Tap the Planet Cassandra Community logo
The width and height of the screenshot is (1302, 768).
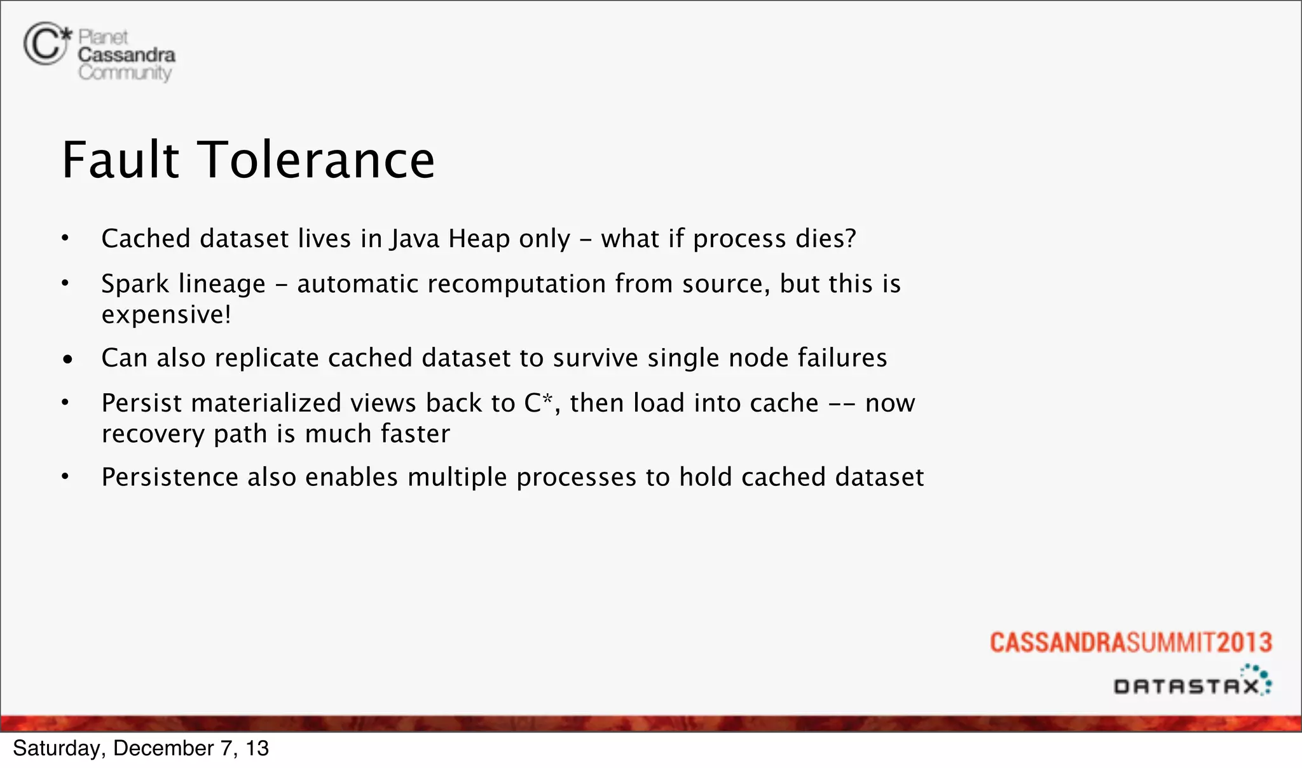pos(100,53)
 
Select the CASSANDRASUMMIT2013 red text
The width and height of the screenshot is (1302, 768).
pos(1130,642)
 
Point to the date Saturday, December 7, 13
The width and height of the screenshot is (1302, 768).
pos(140,748)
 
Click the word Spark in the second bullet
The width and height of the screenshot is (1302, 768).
pos(135,284)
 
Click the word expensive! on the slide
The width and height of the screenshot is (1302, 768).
pos(166,314)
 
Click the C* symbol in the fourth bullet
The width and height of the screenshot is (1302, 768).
pos(538,403)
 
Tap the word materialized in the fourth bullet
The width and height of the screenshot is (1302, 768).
pos(266,403)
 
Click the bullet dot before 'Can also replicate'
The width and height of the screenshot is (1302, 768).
pos(68,360)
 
